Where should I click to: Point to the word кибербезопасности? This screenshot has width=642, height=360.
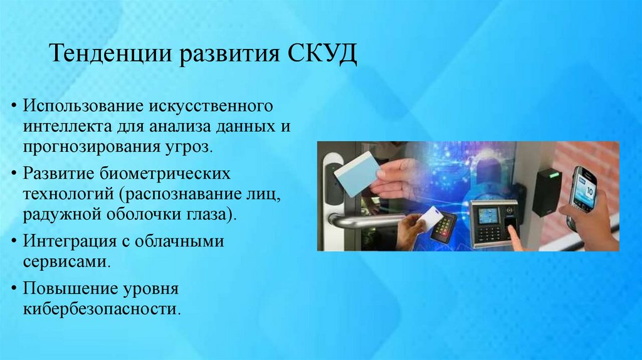point(100,309)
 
